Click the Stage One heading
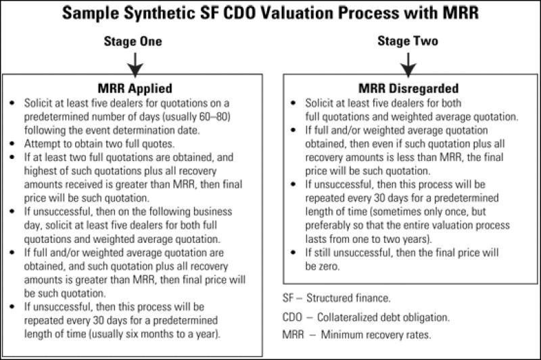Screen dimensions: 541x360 pos(133,41)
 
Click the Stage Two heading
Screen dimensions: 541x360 pos(408,41)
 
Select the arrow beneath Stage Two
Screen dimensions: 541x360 pos(408,65)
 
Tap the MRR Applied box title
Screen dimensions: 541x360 pos(135,89)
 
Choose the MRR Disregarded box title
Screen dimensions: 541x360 pos(408,89)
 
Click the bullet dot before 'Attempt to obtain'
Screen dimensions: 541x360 pos(12,143)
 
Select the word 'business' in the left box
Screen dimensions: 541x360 pos(212,211)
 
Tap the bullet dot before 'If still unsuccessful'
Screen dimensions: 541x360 pos(293,252)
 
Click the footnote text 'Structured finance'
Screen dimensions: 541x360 pos(348,298)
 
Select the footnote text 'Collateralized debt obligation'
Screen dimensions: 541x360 pos(383,317)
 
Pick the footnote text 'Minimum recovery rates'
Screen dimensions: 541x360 pos(376,334)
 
